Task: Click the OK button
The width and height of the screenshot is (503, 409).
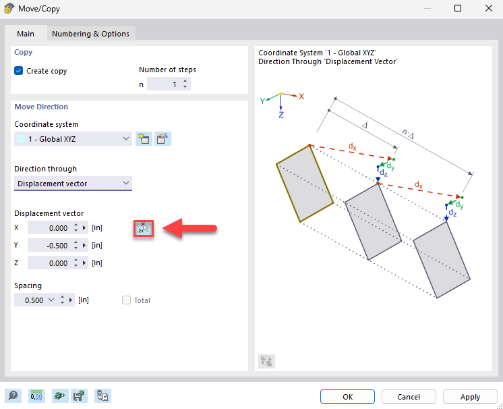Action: click(347, 397)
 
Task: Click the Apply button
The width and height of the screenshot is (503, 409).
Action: click(470, 397)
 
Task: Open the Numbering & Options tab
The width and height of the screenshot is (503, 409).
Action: click(90, 34)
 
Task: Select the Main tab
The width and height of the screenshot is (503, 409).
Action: click(26, 34)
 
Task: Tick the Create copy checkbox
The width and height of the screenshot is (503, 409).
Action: click(19, 71)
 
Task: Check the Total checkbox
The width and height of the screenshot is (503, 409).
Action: click(126, 300)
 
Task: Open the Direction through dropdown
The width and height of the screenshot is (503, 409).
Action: click(73, 184)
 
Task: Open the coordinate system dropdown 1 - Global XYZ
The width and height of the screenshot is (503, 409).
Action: click(73, 138)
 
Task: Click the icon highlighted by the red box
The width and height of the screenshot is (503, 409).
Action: click(143, 228)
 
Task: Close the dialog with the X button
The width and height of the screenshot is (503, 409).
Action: click(488, 9)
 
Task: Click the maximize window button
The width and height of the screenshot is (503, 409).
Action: click(458, 9)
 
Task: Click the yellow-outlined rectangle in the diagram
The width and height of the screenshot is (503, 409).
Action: click(304, 182)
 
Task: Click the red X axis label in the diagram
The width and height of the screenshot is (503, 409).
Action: click(301, 97)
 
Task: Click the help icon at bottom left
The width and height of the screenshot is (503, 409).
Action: click(12, 396)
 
